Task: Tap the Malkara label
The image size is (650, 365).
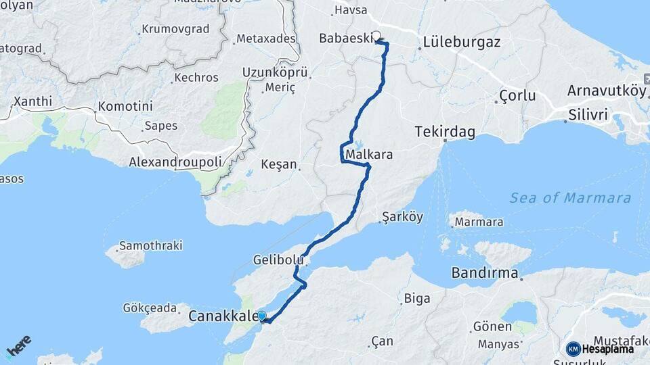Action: tap(369, 155)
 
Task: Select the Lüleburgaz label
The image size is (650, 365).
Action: tap(461, 42)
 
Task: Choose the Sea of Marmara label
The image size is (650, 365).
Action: tap(570, 198)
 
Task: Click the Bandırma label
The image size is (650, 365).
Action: tap(485, 274)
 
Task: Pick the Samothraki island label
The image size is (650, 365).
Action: tap(150, 245)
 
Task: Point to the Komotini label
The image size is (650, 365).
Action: tap(125, 107)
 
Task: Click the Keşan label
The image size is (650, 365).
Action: tap(279, 164)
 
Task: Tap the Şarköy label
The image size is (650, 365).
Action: tap(402, 217)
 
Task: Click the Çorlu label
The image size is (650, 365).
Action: tap(517, 95)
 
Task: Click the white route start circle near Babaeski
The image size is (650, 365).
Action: tap(376, 38)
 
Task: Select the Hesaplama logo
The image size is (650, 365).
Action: tap(600, 349)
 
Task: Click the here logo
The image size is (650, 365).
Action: tap(19, 346)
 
